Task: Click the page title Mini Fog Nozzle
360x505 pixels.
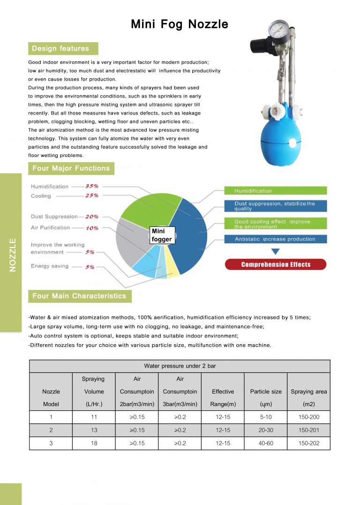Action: tap(180, 24)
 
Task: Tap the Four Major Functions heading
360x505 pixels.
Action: tap(71, 168)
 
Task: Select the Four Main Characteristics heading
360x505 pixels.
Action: tap(79, 296)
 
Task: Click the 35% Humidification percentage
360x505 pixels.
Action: tap(91, 186)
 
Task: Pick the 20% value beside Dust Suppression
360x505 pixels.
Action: tap(91, 217)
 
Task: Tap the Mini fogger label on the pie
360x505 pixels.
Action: tap(162, 235)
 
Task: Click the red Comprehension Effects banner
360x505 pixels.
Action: tap(276, 264)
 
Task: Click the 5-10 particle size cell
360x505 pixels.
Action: tap(266, 417)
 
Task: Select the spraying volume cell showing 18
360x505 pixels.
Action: tap(94, 443)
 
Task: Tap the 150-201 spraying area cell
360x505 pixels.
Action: tap(308, 430)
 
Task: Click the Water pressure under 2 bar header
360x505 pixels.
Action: tap(180, 366)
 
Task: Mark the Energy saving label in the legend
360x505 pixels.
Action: tap(50, 266)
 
